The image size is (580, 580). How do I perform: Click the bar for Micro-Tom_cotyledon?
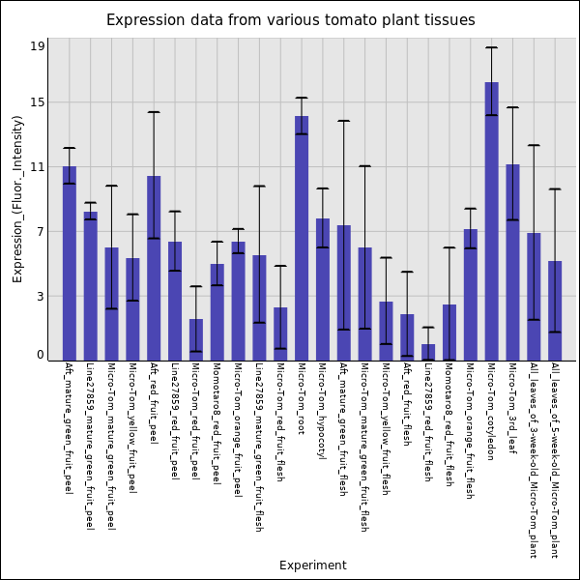coord(491,221)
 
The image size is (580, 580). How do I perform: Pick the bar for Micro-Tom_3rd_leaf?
coord(512,262)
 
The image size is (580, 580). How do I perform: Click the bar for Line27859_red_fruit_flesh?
coord(428,353)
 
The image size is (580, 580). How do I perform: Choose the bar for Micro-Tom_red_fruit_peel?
coord(196,339)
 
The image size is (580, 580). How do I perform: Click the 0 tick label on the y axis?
coord(41,355)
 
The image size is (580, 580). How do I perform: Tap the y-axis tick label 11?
coord(38,167)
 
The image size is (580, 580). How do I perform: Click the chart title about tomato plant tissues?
coord(290,20)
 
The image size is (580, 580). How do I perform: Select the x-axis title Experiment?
coord(312,565)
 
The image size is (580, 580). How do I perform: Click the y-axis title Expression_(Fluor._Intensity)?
coord(17,198)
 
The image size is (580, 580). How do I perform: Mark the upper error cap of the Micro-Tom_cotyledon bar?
coord(491,47)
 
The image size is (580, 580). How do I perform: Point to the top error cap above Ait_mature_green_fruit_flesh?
coord(343,121)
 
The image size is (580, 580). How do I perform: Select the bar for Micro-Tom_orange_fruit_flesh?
coord(470,295)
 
